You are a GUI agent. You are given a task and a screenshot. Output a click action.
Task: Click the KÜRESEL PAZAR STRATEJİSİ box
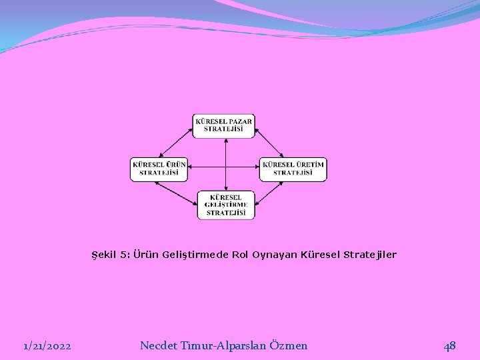224,125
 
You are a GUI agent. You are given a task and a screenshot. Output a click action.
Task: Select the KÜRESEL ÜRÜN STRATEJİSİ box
159,169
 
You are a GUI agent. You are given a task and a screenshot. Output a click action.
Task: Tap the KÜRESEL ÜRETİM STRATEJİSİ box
293,169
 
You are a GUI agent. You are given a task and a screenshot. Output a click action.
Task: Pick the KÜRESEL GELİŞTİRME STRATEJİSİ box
226,205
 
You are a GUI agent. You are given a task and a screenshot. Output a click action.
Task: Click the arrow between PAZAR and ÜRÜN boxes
175,142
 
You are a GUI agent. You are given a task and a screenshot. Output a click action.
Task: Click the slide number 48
450,345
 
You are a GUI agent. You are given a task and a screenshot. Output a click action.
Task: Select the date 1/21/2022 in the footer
48,345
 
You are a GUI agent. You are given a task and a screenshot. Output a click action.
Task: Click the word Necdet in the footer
158,345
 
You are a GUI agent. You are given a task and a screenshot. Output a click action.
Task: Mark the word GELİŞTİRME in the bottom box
226,205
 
